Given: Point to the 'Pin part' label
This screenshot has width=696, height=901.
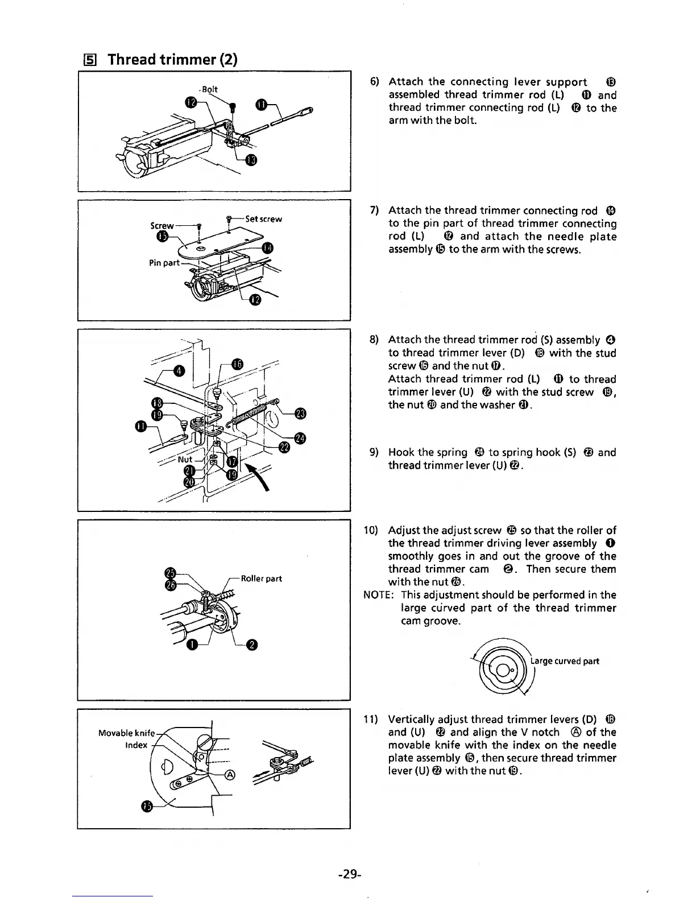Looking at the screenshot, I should point(164,263).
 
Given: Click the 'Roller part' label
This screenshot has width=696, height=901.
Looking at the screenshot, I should point(261,578).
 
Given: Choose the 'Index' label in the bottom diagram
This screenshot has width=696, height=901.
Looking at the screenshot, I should point(136,745).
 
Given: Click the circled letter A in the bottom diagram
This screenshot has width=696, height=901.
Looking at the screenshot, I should point(230,775).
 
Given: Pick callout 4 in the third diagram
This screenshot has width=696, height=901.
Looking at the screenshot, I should point(180,371).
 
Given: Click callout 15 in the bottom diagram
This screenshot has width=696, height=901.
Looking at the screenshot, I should point(147,807).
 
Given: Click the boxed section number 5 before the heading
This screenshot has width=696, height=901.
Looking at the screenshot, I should point(89,60).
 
